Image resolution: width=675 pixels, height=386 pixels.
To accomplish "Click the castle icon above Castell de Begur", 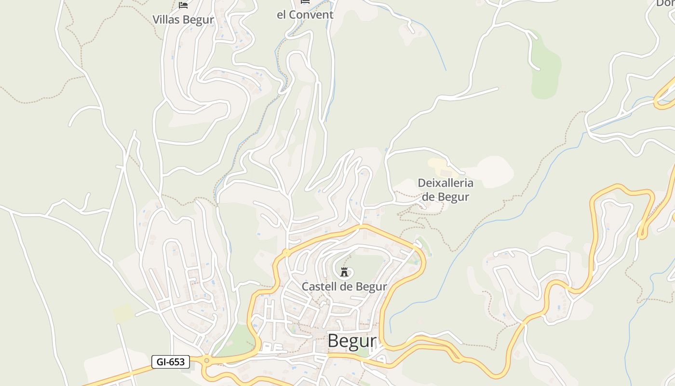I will pyautogui.click(x=344, y=272).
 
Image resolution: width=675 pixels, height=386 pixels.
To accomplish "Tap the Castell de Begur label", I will pyautogui.click(x=344, y=287).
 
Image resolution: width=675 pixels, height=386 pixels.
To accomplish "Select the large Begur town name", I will pyautogui.click(x=352, y=341).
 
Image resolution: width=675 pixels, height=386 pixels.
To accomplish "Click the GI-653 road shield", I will pyautogui.click(x=171, y=361).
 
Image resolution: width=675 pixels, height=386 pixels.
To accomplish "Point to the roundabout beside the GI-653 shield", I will pyautogui.click(x=207, y=360).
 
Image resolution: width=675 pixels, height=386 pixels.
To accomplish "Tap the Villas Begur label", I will pyautogui.click(x=183, y=19).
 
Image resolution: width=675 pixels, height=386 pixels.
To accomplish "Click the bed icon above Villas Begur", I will pyautogui.click(x=183, y=5).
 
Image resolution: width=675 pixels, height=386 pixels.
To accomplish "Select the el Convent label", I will pyautogui.click(x=305, y=14).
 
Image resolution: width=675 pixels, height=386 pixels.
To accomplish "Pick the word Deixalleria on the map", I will pyautogui.click(x=445, y=183).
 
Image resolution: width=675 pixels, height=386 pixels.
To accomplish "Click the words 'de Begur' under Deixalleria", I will pyautogui.click(x=445, y=197).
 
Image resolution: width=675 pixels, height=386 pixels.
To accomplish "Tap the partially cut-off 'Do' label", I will pyautogui.click(x=665, y=3).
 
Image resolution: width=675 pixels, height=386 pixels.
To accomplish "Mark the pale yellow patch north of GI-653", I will pyautogui.click(x=123, y=313).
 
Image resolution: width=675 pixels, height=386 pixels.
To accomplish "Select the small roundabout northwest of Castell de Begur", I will pyautogui.click(x=286, y=252).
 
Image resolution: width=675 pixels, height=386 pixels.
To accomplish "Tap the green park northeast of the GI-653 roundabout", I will pyautogui.click(x=241, y=338).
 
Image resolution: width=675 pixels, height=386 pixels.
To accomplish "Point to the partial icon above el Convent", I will pyautogui.click(x=305, y=2).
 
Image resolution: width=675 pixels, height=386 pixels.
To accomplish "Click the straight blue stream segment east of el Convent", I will pyautogui.click(x=436, y=48).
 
